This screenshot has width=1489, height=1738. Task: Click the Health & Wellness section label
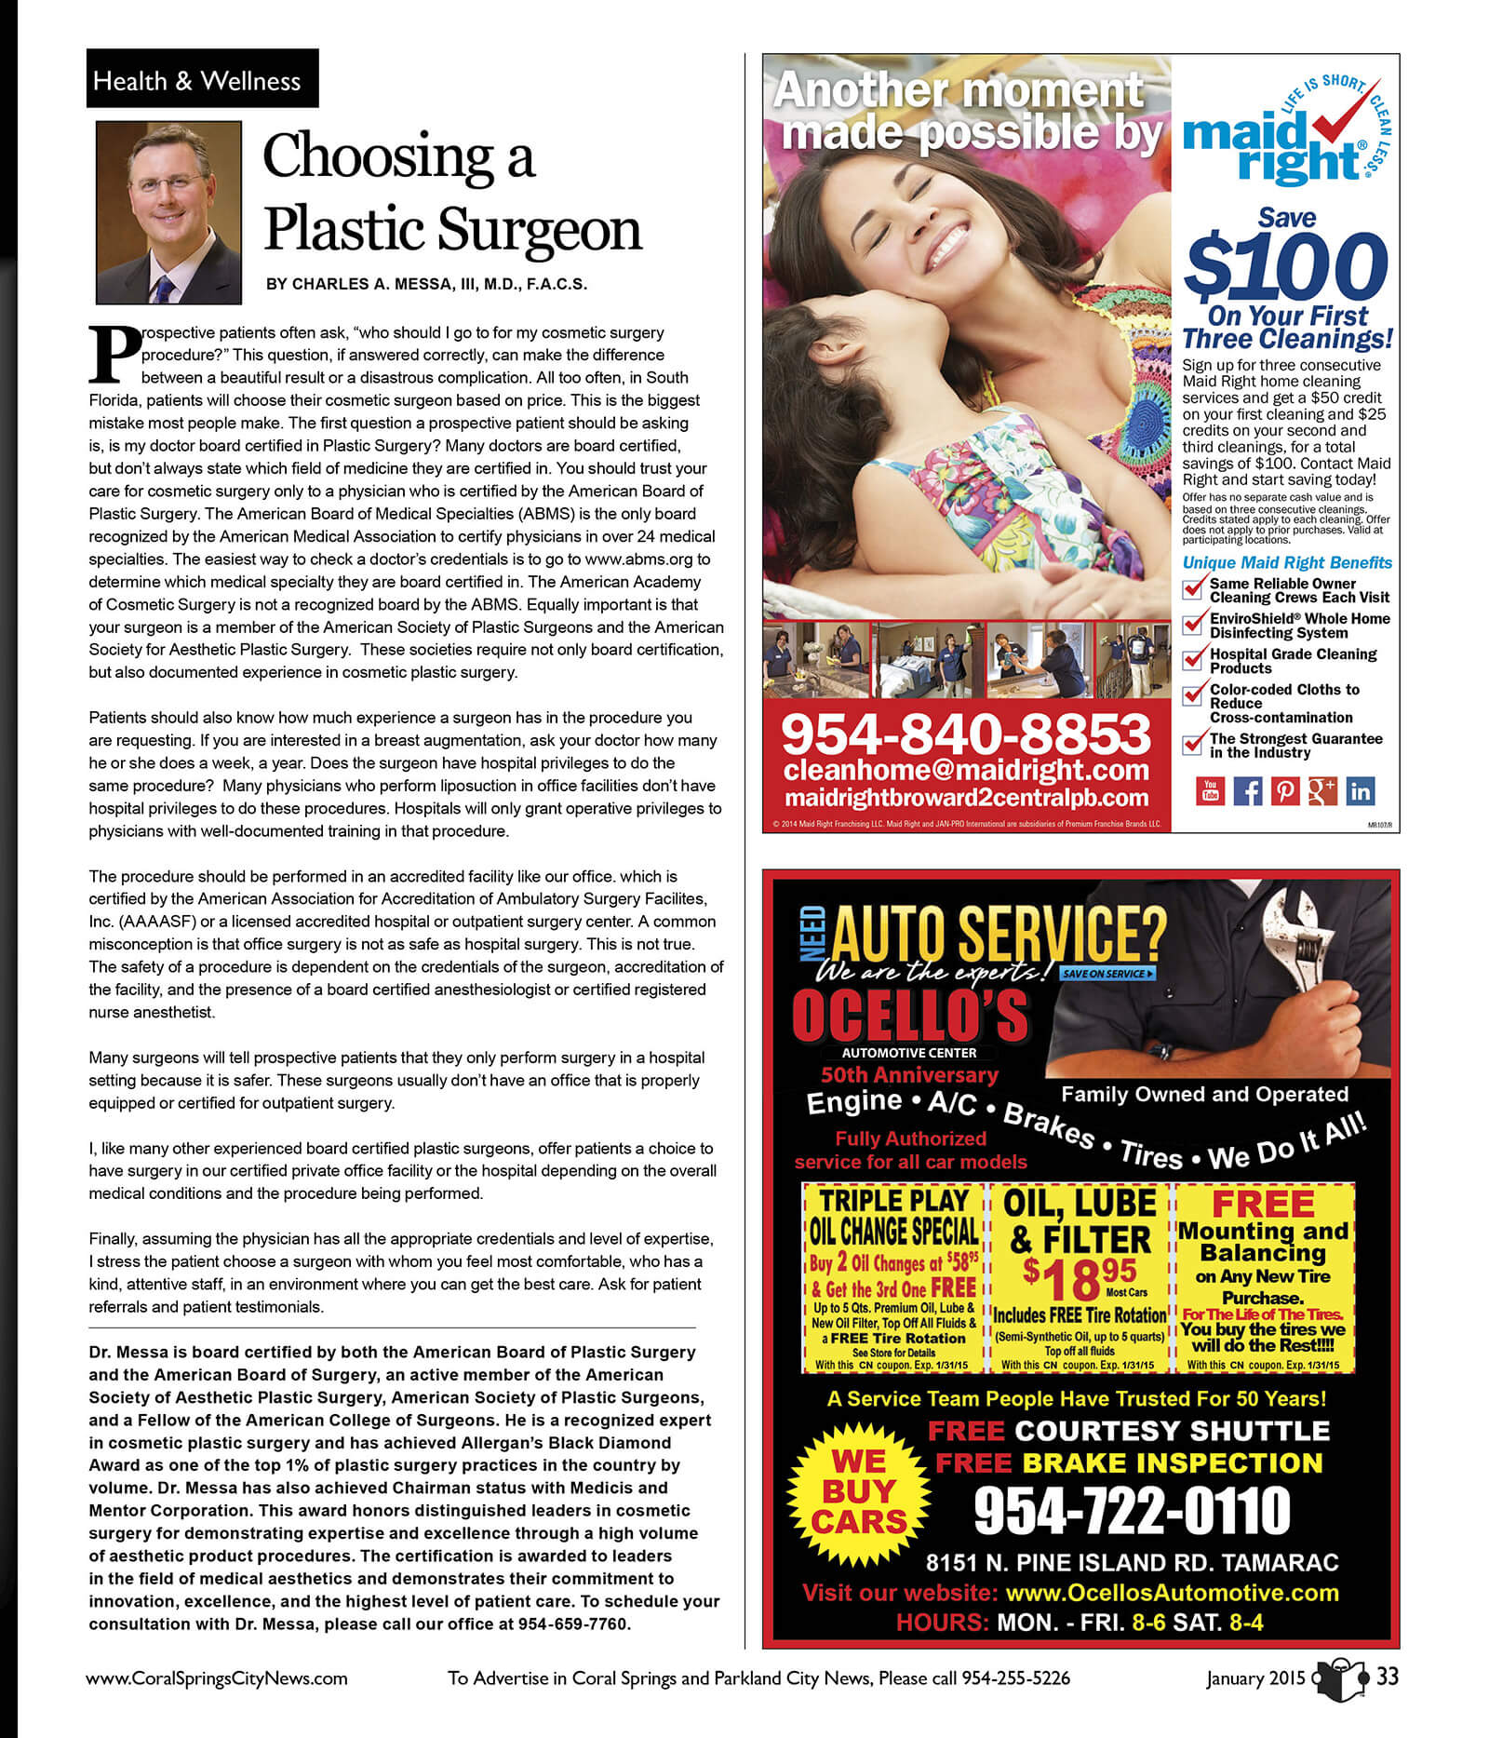pos(197,80)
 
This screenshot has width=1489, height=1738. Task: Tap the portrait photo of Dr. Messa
pos(168,212)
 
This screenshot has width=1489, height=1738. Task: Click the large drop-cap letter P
pos(113,354)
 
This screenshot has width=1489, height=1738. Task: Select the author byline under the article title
pos(426,284)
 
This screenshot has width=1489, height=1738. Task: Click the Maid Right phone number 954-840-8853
pos(966,734)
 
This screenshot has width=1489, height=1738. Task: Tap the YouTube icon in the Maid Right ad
pos(1209,790)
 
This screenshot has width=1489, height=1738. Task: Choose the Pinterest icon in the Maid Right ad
pos(1284,790)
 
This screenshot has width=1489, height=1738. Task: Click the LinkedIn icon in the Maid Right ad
pos(1360,790)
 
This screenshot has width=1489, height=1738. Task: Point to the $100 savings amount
pos(1286,265)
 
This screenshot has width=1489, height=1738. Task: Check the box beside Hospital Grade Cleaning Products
pos(1192,659)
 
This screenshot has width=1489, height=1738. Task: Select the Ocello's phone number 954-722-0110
pos(1132,1511)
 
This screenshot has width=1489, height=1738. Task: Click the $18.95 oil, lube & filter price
pos(1080,1280)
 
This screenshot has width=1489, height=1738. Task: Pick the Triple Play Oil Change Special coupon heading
pos(893,1216)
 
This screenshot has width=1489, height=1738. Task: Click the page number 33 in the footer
pos(1387,1677)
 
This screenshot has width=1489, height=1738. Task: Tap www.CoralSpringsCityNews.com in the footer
pos(217,1678)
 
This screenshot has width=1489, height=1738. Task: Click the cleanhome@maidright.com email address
pos(966,770)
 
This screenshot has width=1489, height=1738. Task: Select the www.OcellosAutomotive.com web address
pos(1173,1593)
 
